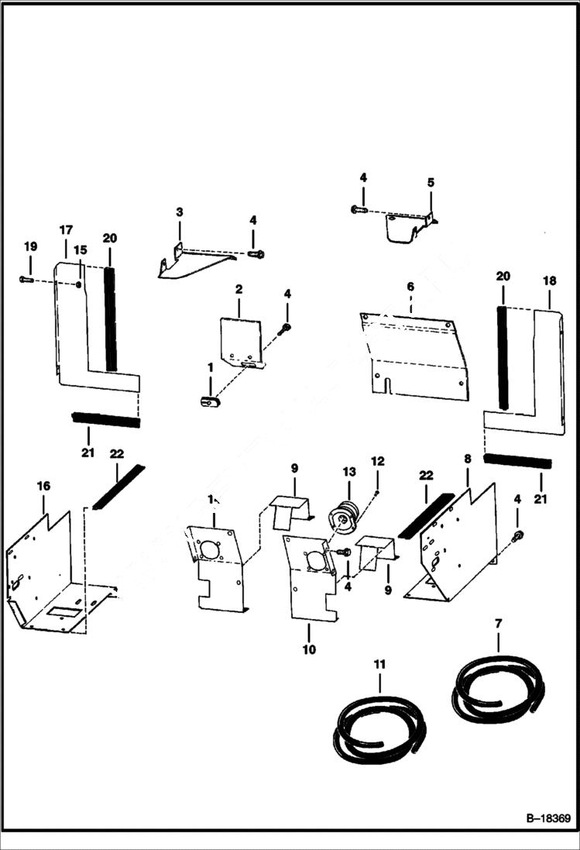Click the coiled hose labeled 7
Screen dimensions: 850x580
(x=499, y=690)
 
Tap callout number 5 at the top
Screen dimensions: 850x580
(x=431, y=183)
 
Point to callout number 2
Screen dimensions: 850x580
(x=239, y=289)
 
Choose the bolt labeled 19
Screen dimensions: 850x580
(x=26, y=279)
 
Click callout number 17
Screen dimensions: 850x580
(x=65, y=230)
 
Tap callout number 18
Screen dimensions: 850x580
(x=549, y=279)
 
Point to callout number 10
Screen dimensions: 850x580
(x=309, y=649)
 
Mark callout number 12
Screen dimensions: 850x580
(x=377, y=461)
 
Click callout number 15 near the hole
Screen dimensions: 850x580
(x=80, y=251)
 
